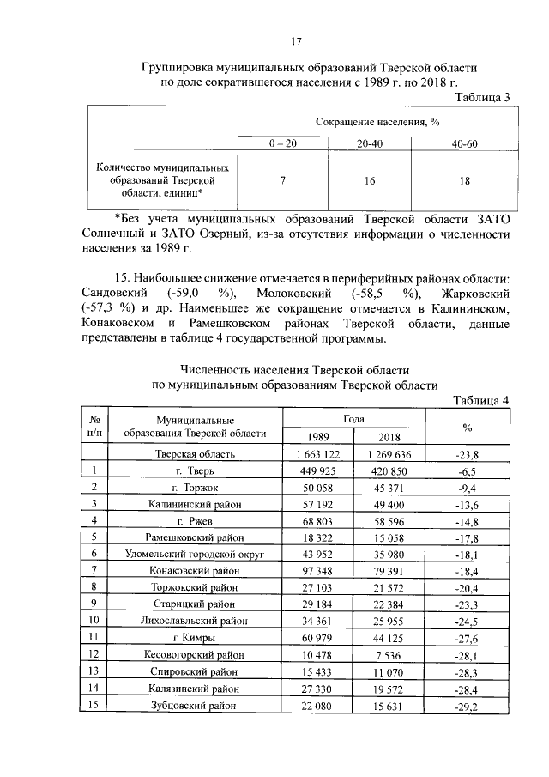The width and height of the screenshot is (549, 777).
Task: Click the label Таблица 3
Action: point(484,97)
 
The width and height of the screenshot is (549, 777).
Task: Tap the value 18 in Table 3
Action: point(464,181)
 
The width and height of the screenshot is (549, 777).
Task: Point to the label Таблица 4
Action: point(482,400)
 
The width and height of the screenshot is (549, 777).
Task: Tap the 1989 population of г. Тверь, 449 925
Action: point(317,470)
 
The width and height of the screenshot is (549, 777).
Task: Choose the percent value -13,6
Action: point(468,503)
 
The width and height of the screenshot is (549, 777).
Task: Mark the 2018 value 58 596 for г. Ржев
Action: point(389,520)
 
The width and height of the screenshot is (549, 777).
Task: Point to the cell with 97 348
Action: point(317,571)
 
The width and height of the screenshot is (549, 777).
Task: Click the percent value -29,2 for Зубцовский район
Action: point(468,706)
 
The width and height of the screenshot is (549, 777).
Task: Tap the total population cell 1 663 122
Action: point(317,453)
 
